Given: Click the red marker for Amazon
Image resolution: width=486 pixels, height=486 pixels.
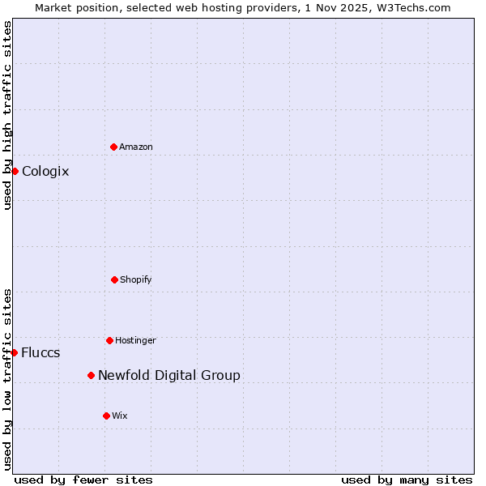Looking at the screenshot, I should pyautogui.click(x=113, y=147).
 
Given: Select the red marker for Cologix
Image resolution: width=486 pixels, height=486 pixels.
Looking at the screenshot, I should pyautogui.click(x=15, y=171).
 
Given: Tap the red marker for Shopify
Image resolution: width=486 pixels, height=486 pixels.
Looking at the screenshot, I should pyautogui.click(x=114, y=279).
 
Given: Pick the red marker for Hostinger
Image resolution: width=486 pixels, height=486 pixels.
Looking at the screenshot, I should pyautogui.click(x=109, y=340).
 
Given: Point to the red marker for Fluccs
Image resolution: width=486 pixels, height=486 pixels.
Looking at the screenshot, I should pyautogui.click(x=15, y=352).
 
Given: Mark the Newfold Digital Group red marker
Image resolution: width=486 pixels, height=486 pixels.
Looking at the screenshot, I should pyautogui.click(x=91, y=375).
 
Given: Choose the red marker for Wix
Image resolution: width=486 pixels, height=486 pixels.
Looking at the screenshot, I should pyautogui.click(x=106, y=416).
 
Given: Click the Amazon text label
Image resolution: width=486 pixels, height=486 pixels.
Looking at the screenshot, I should pyautogui.click(x=136, y=147).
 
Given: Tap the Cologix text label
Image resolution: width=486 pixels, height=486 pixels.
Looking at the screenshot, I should pyautogui.click(x=45, y=171).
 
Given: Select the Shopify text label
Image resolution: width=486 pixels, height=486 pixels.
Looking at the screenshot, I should pyautogui.click(x=136, y=279).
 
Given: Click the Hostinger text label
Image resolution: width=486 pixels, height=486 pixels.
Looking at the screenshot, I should pyautogui.click(x=135, y=340).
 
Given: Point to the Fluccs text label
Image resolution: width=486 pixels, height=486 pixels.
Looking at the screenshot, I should pyautogui.click(x=40, y=352).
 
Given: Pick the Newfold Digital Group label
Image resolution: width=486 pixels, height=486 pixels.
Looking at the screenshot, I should pyautogui.click(x=168, y=375).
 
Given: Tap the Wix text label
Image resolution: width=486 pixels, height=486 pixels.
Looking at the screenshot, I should pyautogui.click(x=120, y=416).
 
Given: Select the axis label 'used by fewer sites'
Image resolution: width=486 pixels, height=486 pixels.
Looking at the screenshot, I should pyautogui.click(x=83, y=480).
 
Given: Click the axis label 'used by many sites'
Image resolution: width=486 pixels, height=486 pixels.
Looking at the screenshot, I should pyautogui.click(x=407, y=480).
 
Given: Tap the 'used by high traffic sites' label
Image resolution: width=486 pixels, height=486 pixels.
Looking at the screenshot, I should pyautogui.click(x=7, y=116).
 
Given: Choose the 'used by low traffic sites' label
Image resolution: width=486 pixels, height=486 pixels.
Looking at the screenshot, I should pyautogui.click(x=7, y=379).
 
